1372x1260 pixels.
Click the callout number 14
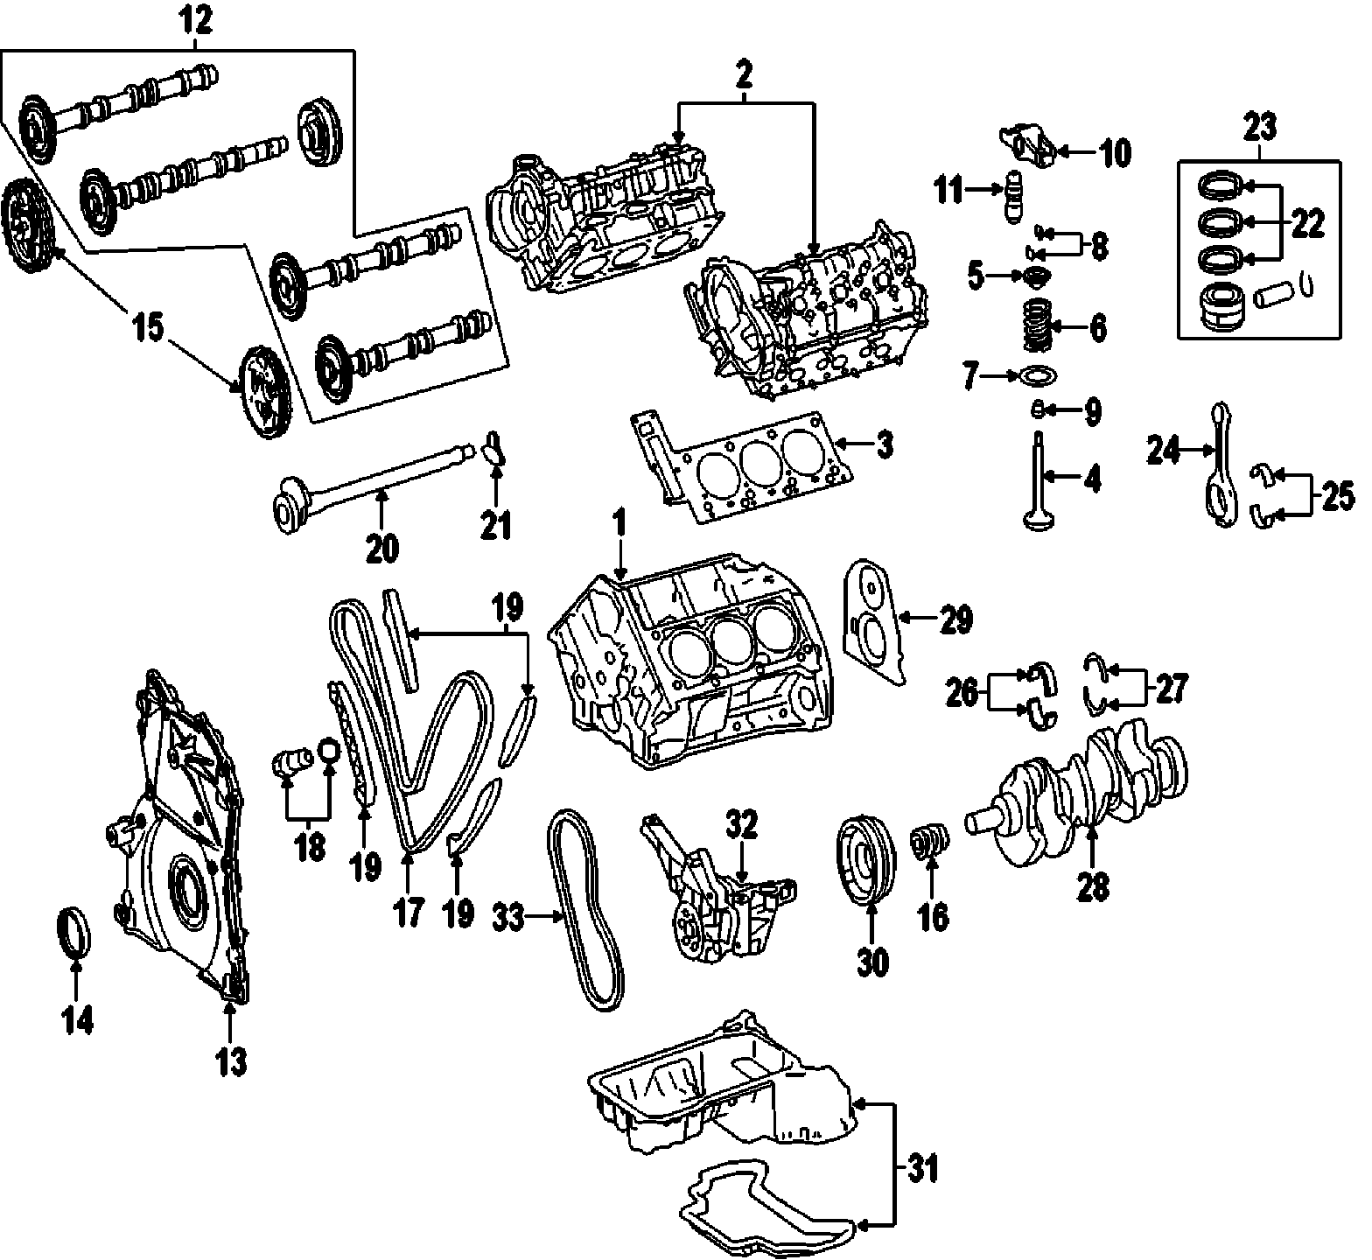(76, 1019)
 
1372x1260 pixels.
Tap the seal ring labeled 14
(74, 934)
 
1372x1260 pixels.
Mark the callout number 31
(922, 1168)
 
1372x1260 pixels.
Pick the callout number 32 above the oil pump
(740, 825)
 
